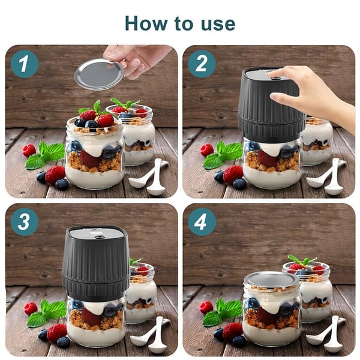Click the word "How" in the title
pos(146,23)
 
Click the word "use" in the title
pos(218,24)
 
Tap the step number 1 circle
pos(24,64)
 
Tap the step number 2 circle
pos(202,64)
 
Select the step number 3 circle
pos(25,222)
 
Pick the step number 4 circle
pos(202,222)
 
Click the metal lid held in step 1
pos(100,74)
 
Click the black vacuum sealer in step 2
pos(271,104)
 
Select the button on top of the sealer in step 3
pos(99,236)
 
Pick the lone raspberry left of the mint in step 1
pos(29,151)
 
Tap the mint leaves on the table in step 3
pos(46,313)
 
